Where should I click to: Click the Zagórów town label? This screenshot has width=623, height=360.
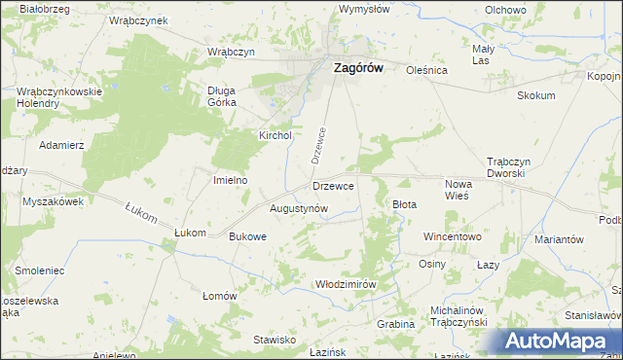point(358,69)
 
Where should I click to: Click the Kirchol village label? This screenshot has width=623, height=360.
point(275,136)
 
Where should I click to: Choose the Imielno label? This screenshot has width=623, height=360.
point(231,180)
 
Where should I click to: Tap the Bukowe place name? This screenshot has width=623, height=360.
point(247,236)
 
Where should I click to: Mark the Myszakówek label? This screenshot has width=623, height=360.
point(53,201)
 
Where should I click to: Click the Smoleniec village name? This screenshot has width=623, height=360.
point(39,269)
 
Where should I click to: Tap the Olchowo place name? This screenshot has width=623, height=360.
point(505,9)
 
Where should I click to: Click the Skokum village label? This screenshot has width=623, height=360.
point(536,95)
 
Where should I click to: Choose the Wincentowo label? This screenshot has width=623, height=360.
point(452,236)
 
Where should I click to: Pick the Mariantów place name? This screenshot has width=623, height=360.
point(559,239)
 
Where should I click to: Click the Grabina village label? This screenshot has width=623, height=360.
point(395,324)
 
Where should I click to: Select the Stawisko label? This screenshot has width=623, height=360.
point(275,340)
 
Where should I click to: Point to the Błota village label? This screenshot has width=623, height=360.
point(404,204)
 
